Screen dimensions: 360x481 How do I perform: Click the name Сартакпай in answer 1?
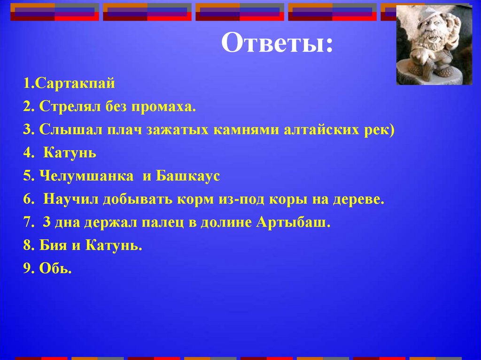(x=75, y=84)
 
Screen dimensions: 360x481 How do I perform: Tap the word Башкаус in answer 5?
(x=188, y=176)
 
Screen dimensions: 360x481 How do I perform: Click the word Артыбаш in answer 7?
(x=293, y=222)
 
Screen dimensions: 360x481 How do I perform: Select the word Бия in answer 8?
(x=52, y=245)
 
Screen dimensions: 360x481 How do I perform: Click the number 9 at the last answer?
(x=26, y=268)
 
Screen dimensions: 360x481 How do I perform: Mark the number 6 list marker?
(x=26, y=199)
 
